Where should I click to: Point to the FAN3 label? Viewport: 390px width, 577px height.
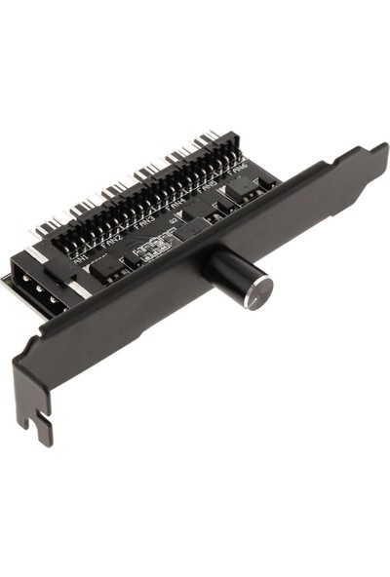coord(145,224)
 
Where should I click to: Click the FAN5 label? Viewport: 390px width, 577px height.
coord(208,193)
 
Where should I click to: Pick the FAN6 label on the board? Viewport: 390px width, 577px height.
coord(239,178)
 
